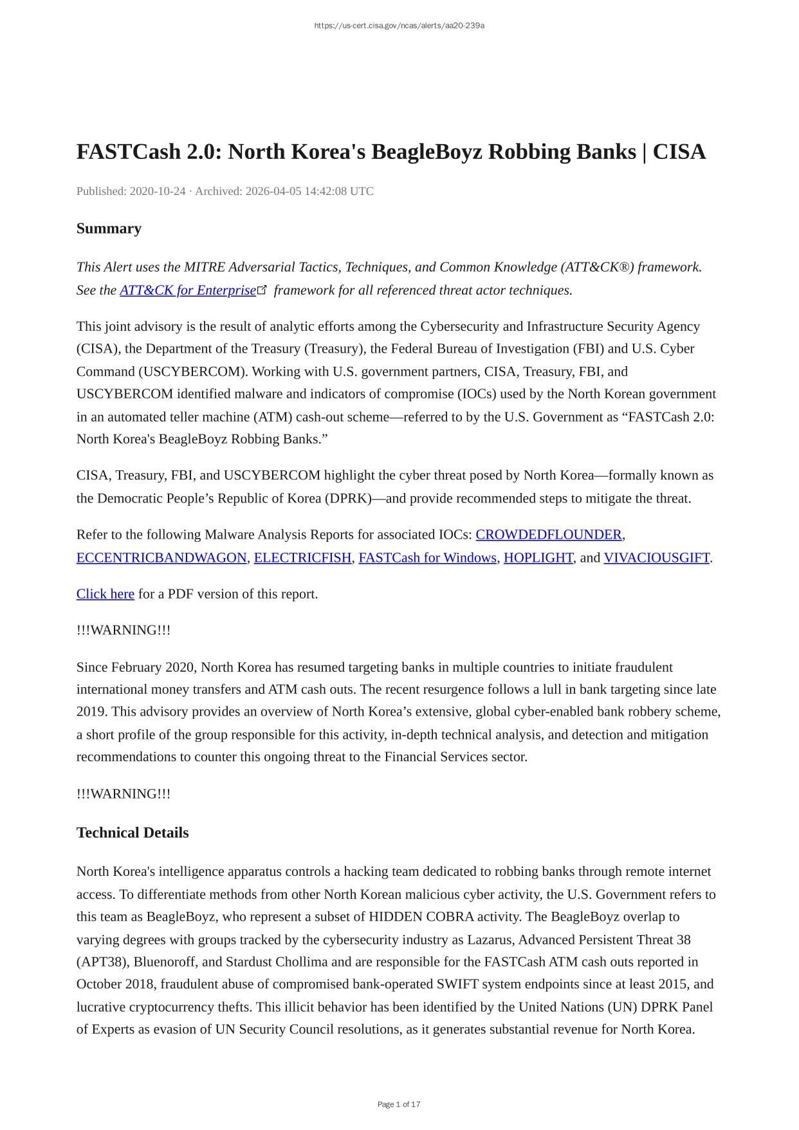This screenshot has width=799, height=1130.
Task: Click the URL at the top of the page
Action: click(399, 26)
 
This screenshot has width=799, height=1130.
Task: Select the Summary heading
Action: click(109, 228)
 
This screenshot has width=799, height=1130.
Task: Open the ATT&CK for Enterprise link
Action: click(188, 290)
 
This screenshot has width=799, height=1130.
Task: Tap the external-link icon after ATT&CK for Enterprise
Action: click(262, 290)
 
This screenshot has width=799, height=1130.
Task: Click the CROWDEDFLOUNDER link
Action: click(549, 535)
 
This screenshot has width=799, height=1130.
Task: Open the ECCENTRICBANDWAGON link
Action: click(161, 558)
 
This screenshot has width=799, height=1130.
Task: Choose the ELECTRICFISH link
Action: click(303, 558)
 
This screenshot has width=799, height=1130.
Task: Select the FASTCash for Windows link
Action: click(428, 558)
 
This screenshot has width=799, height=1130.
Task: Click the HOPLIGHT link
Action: click(538, 558)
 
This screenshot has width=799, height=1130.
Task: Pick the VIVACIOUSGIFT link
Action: click(656, 558)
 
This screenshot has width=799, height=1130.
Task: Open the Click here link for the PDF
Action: click(106, 594)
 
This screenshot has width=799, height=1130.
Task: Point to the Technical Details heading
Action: click(133, 833)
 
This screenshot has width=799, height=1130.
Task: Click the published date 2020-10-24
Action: click(158, 191)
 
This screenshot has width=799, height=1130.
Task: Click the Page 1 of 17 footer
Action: click(399, 1104)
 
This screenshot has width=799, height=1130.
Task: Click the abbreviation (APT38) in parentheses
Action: click(102, 962)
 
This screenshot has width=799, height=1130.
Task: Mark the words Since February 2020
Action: click(128, 667)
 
